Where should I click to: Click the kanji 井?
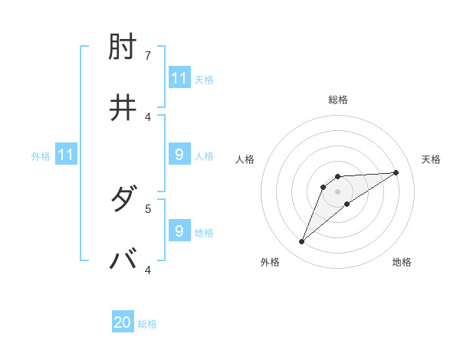(x=123, y=108)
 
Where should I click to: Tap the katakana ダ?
(x=123, y=201)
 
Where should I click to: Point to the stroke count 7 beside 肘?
(x=148, y=56)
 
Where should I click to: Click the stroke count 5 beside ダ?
(x=148, y=208)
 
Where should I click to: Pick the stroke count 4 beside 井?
(x=148, y=116)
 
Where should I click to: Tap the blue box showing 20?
(x=123, y=322)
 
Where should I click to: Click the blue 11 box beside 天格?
(x=179, y=78)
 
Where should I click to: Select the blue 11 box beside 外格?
(x=65, y=155)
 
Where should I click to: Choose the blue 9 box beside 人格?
(x=179, y=155)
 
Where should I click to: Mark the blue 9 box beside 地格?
(x=179, y=231)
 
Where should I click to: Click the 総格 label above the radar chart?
(x=338, y=100)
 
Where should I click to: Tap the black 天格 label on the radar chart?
(x=431, y=159)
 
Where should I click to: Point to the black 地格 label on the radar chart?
(x=402, y=262)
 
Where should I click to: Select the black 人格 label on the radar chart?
(x=245, y=159)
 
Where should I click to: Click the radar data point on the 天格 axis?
(x=396, y=172)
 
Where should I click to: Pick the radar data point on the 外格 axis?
(x=302, y=242)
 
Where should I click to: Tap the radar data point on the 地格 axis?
(x=347, y=204)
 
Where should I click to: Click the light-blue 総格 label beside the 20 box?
(x=147, y=324)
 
